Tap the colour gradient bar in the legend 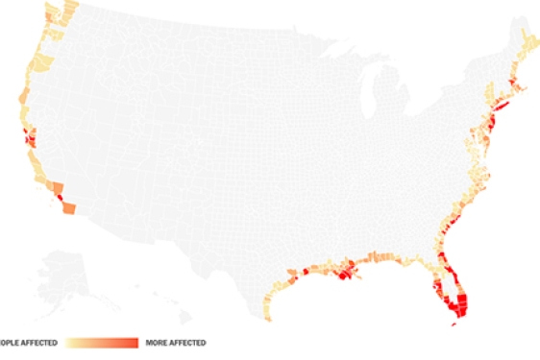(x=102, y=342)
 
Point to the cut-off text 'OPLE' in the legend (x=10, y=342)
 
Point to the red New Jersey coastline (x=493, y=119)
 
